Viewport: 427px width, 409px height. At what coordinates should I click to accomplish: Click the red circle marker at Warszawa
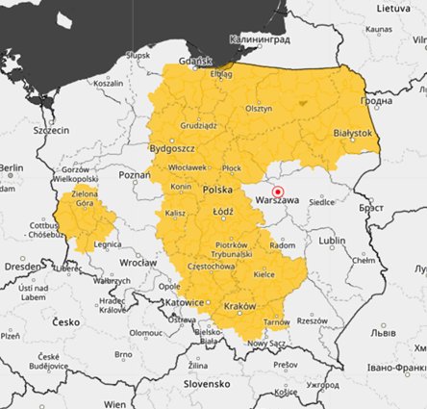[278, 192]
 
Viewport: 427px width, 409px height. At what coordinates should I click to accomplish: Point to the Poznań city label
[134, 175]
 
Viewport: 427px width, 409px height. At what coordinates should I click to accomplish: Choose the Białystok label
[351, 132]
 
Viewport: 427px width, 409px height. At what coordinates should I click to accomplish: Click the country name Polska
[218, 190]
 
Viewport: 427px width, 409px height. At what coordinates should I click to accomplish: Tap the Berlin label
[11, 167]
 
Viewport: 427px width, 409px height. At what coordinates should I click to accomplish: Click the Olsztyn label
[260, 109]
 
